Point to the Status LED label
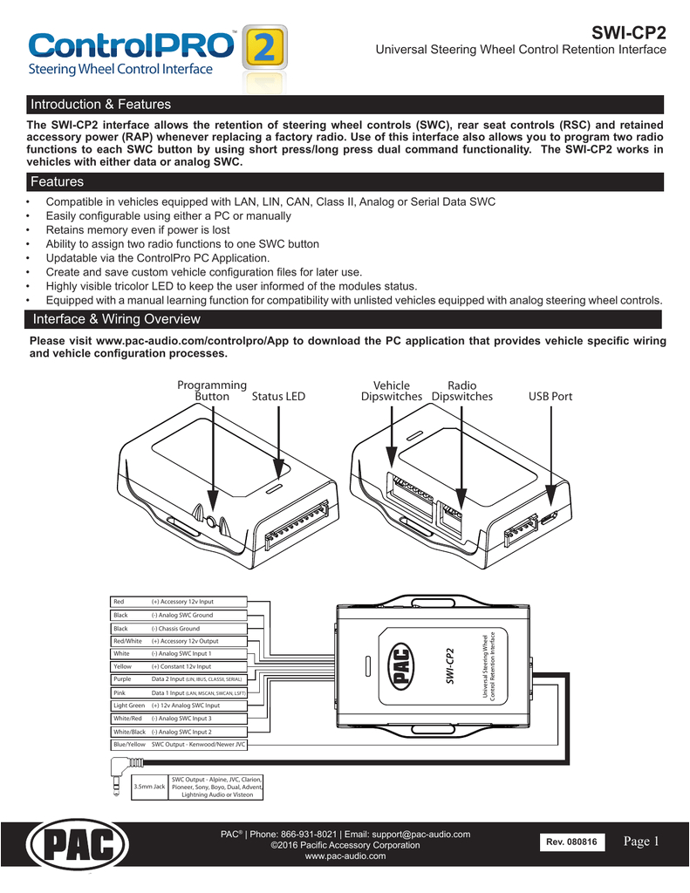click(278, 397)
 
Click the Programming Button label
click(212, 391)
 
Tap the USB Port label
click(550, 397)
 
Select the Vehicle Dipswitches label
click(392, 391)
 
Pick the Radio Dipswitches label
click(461, 391)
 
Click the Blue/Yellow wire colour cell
click(129, 745)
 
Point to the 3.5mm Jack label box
click(148, 787)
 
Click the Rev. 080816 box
click(572, 843)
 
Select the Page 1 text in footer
click(645, 842)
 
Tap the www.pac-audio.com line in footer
click(345, 857)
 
